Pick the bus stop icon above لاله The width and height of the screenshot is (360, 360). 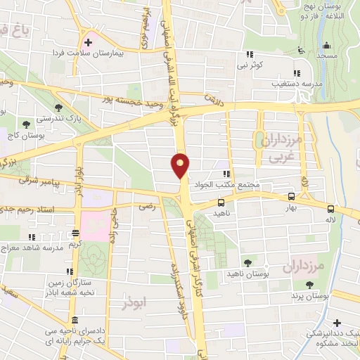point(330,207)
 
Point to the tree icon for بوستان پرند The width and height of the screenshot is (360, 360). point(309,284)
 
